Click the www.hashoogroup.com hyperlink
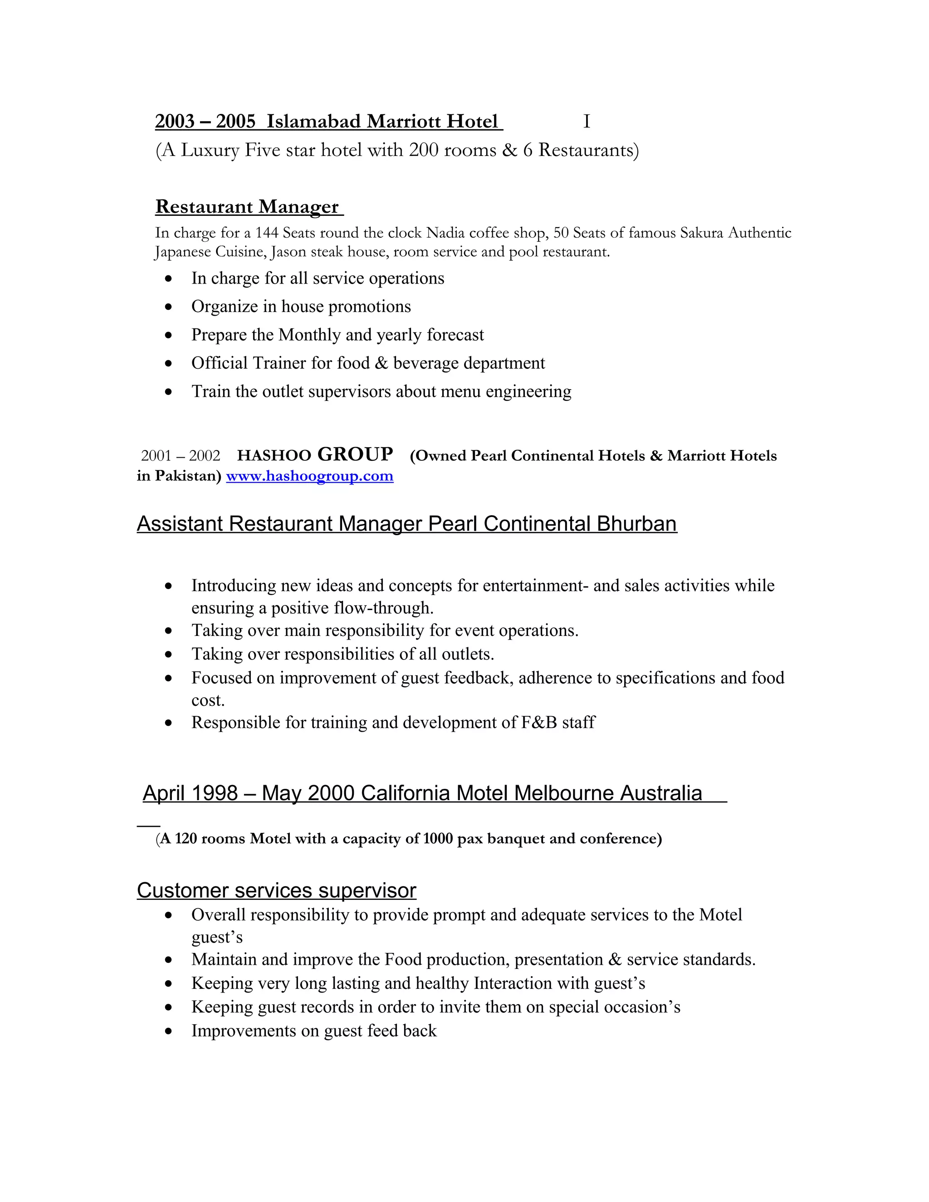pos(309,476)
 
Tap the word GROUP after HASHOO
pos(355,454)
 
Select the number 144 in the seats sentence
pos(267,233)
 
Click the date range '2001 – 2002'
pos(181,456)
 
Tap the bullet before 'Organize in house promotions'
pos(168,307)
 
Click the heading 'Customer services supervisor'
pos(276,890)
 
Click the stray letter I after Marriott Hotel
pos(587,122)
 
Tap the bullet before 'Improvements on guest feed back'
pos(168,1031)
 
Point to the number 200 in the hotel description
pos(423,150)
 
